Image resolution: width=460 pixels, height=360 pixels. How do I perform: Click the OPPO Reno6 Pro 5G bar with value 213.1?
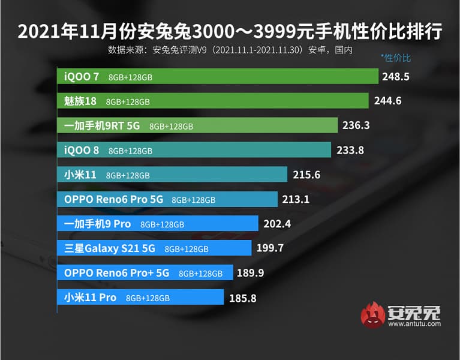pos(167,199)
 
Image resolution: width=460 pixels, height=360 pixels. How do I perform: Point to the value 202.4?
pos(278,224)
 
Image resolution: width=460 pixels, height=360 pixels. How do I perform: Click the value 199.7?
pos(270,248)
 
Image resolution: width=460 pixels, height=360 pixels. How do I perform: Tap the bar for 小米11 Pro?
pos(141,297)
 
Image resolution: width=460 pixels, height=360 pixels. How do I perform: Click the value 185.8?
pos(244,297)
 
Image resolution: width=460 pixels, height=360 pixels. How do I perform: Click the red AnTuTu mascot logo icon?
pos(372,316)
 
